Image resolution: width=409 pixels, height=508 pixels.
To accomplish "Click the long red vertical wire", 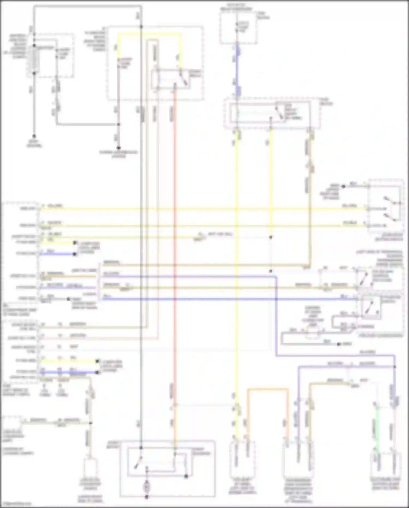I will point(175,246).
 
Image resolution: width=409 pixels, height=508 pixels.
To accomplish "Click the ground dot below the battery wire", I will point(34,136).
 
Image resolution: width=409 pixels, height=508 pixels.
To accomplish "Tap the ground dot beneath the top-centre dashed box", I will point(119,148).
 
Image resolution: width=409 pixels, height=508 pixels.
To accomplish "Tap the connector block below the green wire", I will point(385,464).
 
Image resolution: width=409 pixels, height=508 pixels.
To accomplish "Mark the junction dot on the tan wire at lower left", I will point(91,423).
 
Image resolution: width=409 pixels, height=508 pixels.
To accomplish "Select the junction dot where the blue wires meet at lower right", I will point(395,367).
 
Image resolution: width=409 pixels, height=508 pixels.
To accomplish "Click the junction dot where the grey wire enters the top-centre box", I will point(141,27).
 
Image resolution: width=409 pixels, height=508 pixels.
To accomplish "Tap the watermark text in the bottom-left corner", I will point(16,504).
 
